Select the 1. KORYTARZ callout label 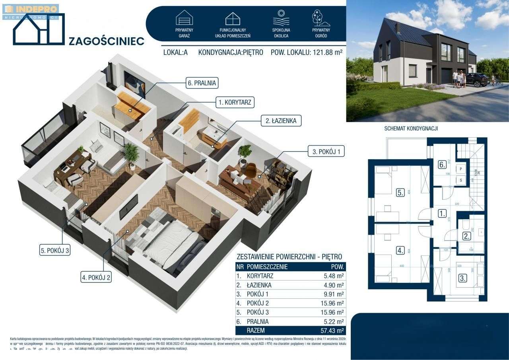tap(235, 102)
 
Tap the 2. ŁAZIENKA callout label tap(279, 120)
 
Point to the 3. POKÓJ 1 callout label tap(326, 151)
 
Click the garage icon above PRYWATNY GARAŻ tap(184, 18)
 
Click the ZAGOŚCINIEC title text tap(107, 41)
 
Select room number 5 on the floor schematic tap(400, 193)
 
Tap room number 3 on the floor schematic tap(462, 278)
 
